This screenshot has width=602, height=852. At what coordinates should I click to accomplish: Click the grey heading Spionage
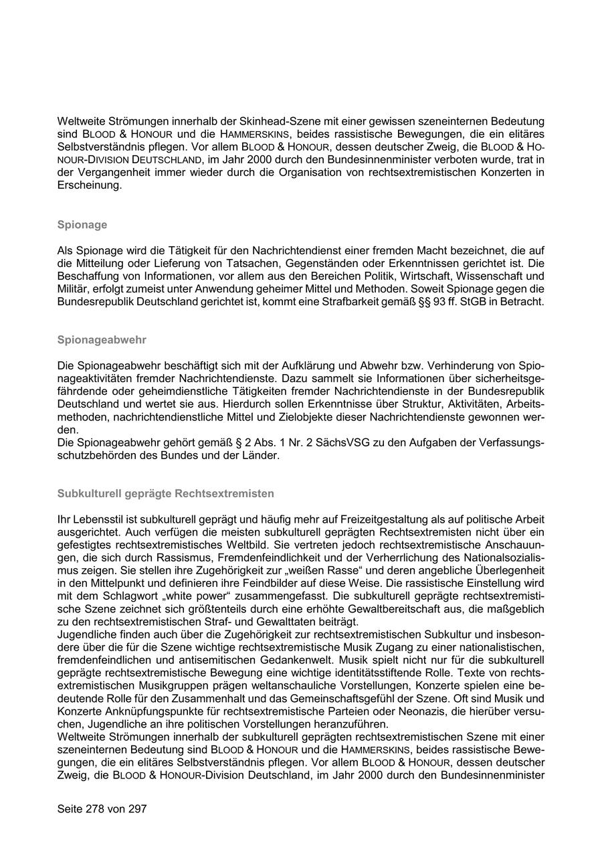tap(82, 225)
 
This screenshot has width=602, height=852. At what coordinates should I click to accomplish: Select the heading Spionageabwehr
tap(102, 340)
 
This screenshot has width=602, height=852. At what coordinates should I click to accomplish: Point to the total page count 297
tap(136, 808)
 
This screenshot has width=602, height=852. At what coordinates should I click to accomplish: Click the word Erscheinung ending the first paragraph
tap(89, 185)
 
